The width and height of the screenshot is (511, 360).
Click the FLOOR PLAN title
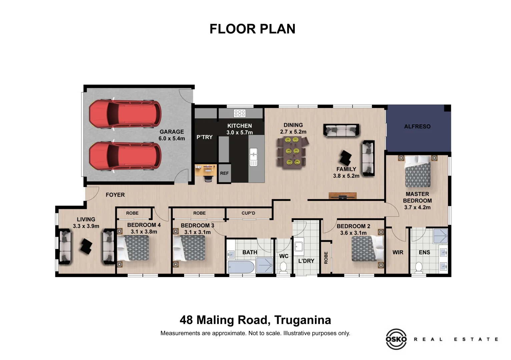(252, 29)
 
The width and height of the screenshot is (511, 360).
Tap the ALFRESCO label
(417, 127)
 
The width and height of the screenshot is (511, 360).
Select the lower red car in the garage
(125, 156)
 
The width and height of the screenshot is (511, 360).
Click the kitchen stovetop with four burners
(239, 113)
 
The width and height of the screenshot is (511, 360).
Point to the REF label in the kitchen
(224, 173)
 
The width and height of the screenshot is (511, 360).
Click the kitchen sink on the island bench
(253, 157)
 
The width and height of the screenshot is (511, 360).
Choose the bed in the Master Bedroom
(417, 172)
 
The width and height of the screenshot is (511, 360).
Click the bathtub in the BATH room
(241, 267)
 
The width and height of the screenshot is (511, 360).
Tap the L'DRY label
(306, 261)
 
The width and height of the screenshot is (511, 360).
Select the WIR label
(398, 252)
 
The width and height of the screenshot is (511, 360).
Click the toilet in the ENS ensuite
(419, 267)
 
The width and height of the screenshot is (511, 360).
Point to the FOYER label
(115, 195)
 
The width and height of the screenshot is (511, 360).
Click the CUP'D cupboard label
(248, 213)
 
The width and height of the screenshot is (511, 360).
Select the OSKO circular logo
(396, 339)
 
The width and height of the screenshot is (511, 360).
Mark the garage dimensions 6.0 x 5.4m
(171, 138)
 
